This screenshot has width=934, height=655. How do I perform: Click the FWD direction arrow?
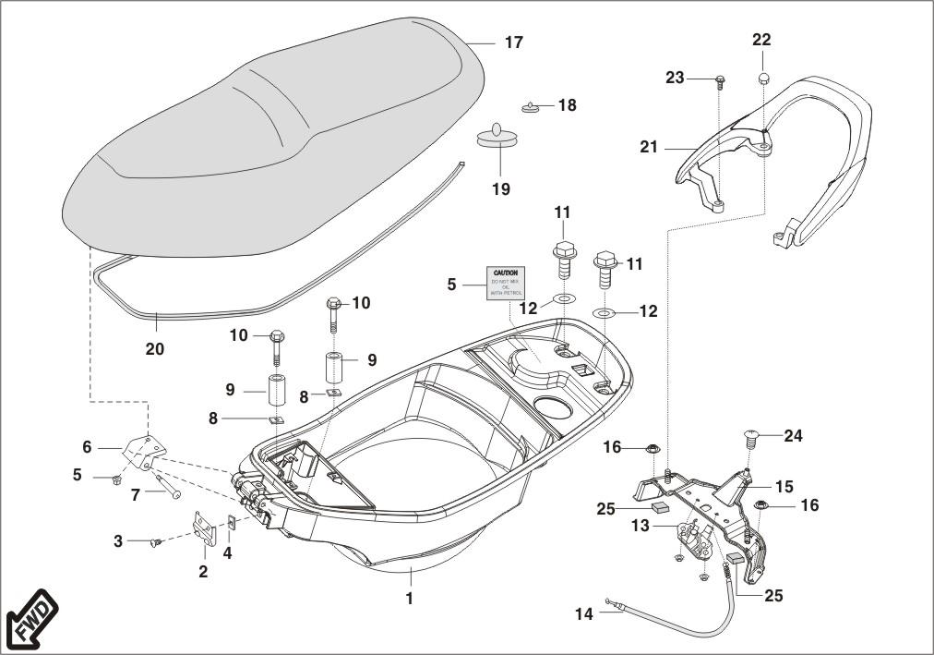[30, 620]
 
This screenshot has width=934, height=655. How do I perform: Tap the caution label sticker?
[505, 284]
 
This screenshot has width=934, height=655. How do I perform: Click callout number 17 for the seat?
[513, 42]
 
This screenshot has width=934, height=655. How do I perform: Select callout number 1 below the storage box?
[409, 599]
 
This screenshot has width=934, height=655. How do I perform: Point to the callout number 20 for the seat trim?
[155, 349]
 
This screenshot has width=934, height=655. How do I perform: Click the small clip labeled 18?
[530, 107]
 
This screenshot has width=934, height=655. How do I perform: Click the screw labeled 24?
[749, 437]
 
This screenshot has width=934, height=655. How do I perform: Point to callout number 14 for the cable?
[583, 613]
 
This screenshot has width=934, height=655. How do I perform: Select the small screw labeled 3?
[155, 540]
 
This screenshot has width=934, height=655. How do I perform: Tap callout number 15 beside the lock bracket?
[784, 486]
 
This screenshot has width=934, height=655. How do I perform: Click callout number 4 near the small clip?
[228, 554]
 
